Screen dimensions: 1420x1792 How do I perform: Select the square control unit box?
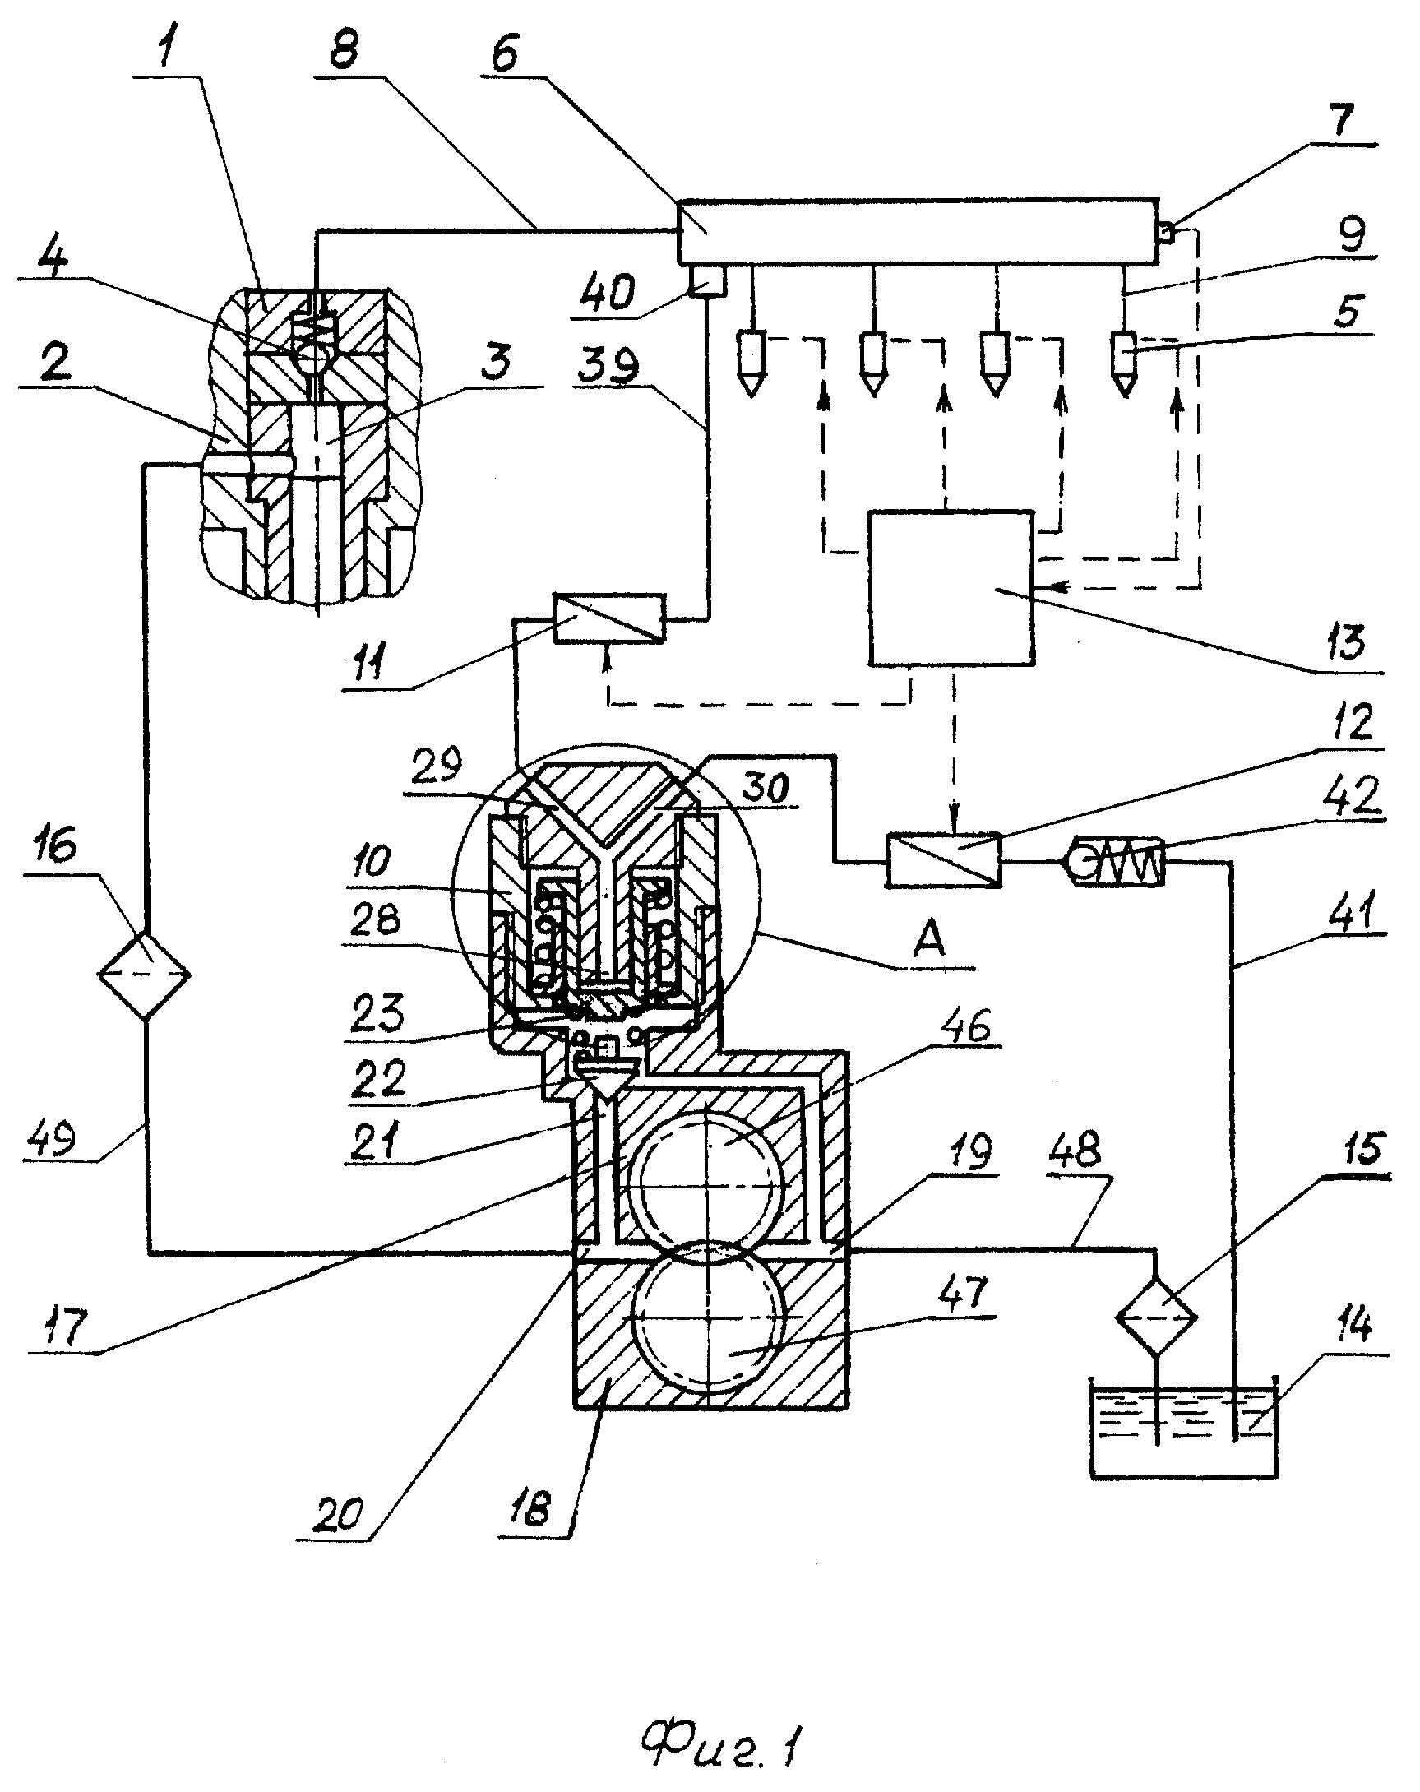[951, 588]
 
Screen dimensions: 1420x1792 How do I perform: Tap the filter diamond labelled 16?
[145, 975]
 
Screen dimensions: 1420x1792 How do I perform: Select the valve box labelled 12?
[944, 859]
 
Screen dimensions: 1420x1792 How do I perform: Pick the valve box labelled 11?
[610, 618]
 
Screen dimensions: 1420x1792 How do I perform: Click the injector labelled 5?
[1126, 363]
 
